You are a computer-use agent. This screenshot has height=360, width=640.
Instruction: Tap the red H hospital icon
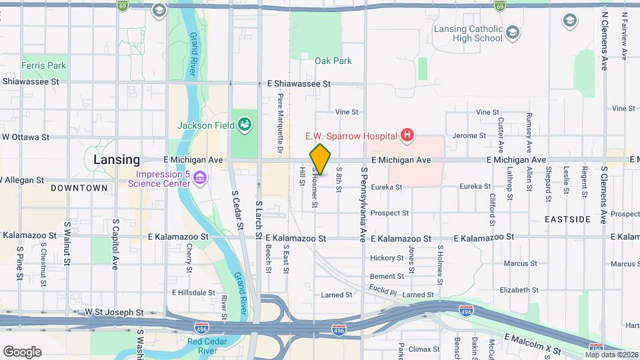407,137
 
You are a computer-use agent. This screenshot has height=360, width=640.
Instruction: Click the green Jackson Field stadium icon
245,124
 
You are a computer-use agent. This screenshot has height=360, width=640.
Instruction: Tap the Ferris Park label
43,65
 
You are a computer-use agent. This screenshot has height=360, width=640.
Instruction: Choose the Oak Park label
333,61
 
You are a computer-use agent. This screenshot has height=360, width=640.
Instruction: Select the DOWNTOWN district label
79,188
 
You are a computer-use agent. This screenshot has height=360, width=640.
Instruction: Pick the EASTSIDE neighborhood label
567,219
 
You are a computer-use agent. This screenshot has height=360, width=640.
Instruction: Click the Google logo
22,352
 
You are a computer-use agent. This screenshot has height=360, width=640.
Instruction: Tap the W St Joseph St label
114,311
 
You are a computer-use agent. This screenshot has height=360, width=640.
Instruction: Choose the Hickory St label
383,257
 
